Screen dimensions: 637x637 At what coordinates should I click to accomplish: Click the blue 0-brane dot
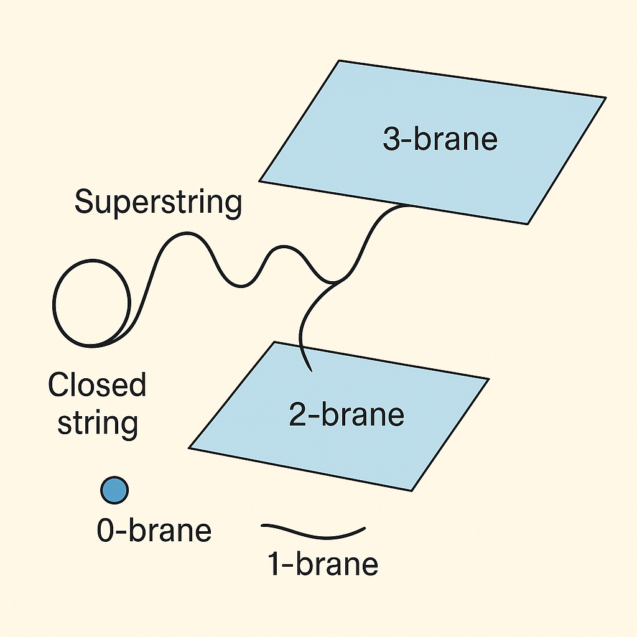pos(114,490)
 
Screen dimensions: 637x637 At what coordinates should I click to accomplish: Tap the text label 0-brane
pos(154,531)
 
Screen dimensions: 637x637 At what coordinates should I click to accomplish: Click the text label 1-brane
pos(322,564)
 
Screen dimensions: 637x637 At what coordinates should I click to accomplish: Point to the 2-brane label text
pos(346,414)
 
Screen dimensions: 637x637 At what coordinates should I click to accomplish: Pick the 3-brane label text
pos(440,139)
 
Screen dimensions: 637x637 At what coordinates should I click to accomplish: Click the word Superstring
pos(158,203)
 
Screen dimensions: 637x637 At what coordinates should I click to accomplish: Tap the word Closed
pos(97,385)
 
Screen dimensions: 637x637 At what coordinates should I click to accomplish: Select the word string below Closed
pos(97,422)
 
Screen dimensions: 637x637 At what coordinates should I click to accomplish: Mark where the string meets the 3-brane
pos(407,205)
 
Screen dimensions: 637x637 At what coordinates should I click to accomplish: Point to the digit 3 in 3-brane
pos(391,139)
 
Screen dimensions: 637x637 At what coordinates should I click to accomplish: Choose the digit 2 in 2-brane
pos(298,414)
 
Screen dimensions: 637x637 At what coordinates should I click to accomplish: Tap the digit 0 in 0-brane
pos(106,531)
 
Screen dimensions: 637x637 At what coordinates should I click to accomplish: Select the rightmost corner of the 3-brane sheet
pos(605,98)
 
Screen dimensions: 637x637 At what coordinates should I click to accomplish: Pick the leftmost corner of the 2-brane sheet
pos(189,447)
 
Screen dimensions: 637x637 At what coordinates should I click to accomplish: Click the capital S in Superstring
pos(84,203)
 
